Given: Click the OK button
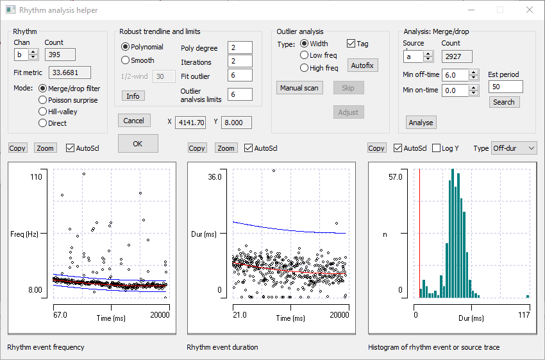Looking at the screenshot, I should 138,144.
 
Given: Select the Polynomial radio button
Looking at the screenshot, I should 126,47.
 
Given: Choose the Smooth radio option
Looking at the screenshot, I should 126,60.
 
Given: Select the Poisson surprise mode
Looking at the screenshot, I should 43,100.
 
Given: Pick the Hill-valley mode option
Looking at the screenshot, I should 43,112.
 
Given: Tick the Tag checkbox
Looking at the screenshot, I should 351,44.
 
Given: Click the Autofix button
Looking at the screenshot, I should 362,65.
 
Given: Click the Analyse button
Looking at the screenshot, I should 421,123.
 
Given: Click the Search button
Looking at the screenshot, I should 503,102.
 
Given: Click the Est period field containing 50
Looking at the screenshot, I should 505,87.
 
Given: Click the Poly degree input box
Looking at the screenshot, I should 240,48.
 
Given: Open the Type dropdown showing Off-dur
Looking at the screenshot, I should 514,148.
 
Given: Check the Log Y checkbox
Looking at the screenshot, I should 437,148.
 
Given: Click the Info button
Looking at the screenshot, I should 133,96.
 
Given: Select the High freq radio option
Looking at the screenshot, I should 305,68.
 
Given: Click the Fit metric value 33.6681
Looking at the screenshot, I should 69,73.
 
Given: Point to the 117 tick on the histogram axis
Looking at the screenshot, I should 524,315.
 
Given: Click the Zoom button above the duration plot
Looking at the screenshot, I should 225,148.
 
